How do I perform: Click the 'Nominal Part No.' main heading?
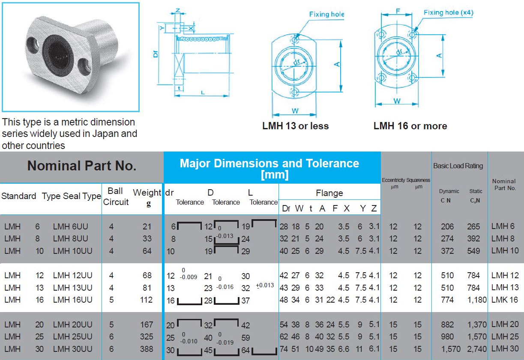coord(82,166)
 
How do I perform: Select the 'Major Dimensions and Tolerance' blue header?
coord(269,164)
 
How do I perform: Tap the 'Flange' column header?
coord(329,193)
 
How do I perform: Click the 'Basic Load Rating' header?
coord(458,166)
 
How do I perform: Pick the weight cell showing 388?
coord(147,349)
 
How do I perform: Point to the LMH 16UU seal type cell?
coord(72,300)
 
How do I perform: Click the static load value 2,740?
coord(476,349)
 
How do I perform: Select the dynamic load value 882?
coord(447,324)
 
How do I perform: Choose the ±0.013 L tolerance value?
coord(264,286)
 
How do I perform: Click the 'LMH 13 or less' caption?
coord(295,126)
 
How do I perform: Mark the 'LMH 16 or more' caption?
coord(410,126)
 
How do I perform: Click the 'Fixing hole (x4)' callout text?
coord(448,12)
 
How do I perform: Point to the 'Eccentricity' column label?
coord(393,180)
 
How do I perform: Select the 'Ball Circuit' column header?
coord(115,196)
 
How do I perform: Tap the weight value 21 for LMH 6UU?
coord(147,226)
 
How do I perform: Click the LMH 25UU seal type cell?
coord(72,337)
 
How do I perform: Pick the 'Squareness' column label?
coord(418,180)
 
